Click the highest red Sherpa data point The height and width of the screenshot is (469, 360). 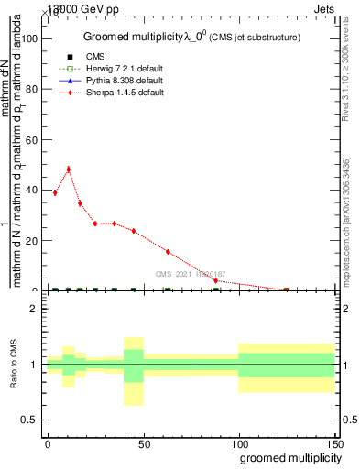click(68, 169)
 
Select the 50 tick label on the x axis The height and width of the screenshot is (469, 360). click(143, 442)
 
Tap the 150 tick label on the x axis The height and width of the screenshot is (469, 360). click(333, 442)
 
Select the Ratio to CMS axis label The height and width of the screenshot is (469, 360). click(14, 364)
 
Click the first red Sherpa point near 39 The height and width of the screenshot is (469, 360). click(55, 192)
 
